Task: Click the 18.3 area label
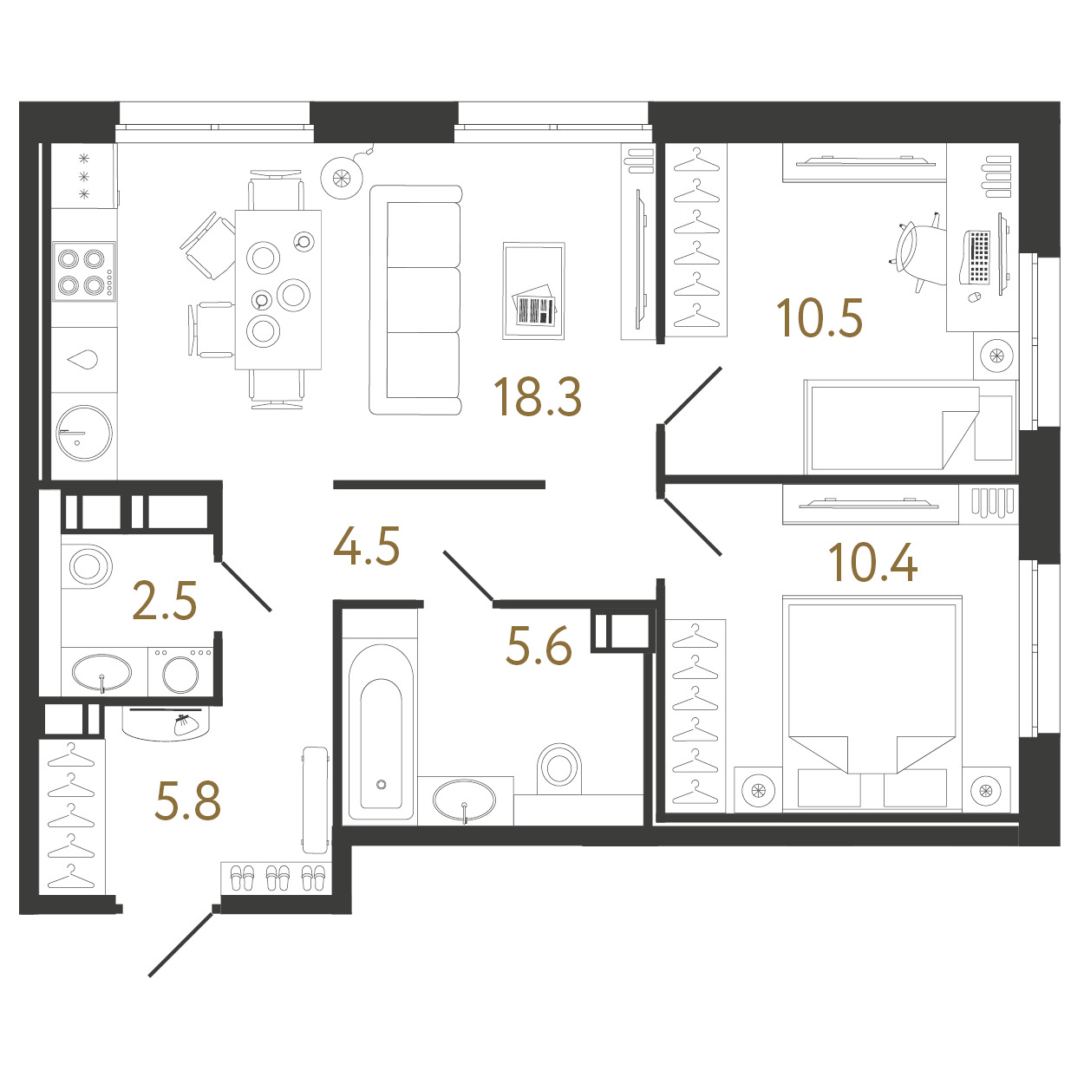click(x=537, y=397)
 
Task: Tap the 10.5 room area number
click(x=819, y=318)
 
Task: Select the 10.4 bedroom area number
click(x=872, y=563)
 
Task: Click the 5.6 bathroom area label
click(x=539, y=646)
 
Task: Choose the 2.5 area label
click(x=165, y=601)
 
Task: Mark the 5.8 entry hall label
click(x=188, y=800)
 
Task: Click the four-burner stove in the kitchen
click(x=84, y=271)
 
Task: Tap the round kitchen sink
click(x=84, y=433)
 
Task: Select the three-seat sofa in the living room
click(x=415, y=300)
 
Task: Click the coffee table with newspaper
click(x=534, y=291)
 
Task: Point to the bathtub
click(x=381, y=731)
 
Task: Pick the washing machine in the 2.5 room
click(x=180, y=671)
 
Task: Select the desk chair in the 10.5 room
click(x=915, y=252)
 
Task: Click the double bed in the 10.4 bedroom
click(x=872, y=703)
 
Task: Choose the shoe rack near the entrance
click(x=275, y=878)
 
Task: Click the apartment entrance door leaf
click(x=181, y=944)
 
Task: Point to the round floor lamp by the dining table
click(x=342, y=178)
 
